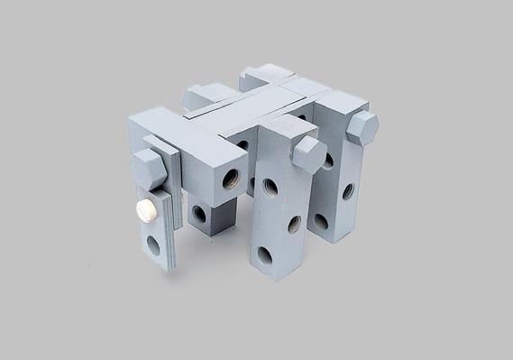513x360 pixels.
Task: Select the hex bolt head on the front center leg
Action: click(308, 154)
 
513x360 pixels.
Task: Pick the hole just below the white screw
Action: click(153, 244)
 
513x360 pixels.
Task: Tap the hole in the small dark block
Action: click(199, 215)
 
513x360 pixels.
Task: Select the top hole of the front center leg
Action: click(270, 188)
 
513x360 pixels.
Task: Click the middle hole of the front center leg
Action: click(293, 224)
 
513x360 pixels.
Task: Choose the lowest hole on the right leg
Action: click(321, 220)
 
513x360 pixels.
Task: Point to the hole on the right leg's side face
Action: click(347, 191)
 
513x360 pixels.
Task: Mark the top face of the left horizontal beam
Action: click(176, 131)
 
